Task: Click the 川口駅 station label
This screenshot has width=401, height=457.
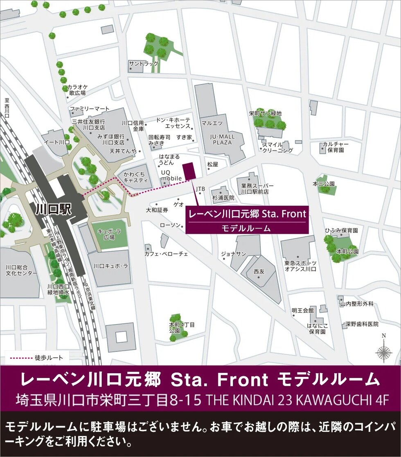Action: click(54, 210)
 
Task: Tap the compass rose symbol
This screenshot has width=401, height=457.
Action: click(383, 352)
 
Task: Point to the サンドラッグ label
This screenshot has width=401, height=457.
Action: click(143, 64)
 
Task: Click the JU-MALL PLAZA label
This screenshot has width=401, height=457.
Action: click(222, 139)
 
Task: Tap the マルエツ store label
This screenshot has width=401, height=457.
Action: click(212, 123)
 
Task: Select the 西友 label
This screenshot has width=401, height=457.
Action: click(259, 271)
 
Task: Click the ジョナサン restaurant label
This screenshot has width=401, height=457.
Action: click(234, 254)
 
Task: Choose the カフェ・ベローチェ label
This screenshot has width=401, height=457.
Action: click(166, 254)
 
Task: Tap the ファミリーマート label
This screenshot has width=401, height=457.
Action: click(90, 109)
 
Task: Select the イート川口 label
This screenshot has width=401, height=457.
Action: click(57, 142)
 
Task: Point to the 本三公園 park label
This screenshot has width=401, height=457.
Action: click(324, 184)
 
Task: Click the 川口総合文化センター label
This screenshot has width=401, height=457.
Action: click(21, 270)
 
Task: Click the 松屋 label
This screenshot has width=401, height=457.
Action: click(212, 164)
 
